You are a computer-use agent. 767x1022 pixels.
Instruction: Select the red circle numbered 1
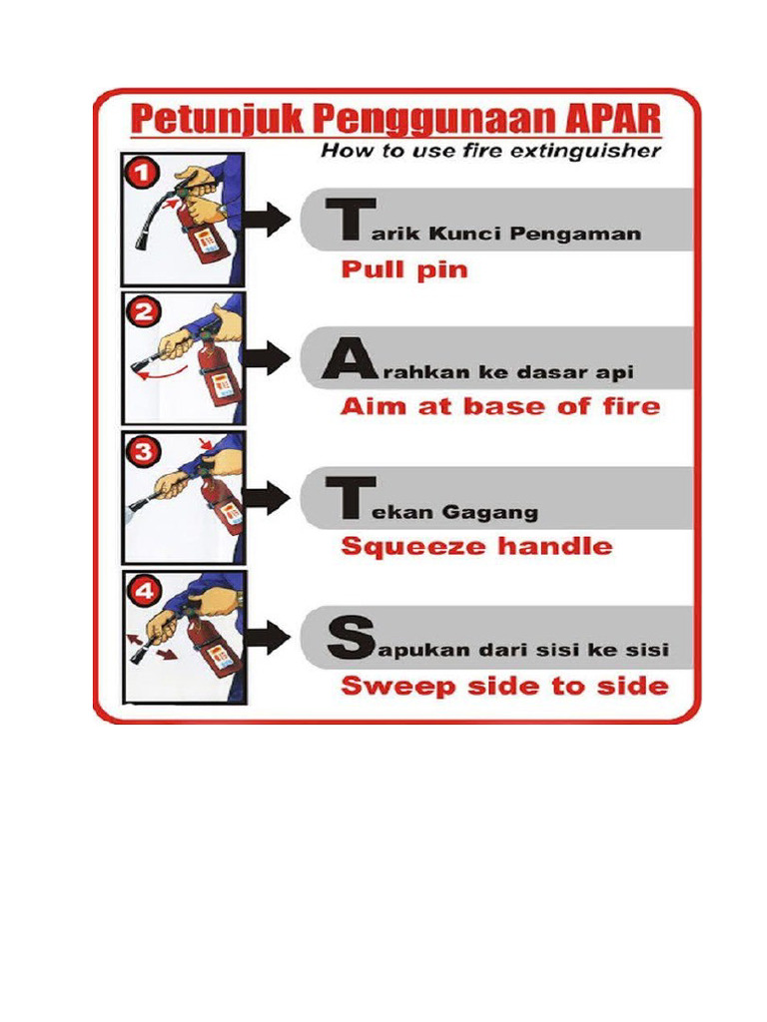click(141, 174)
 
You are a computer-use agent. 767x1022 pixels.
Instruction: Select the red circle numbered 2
click(142, 312)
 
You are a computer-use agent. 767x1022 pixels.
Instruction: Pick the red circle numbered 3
click(142, 451)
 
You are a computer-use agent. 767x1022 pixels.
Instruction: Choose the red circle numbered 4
click(142, 590)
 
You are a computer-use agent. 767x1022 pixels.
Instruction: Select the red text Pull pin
click(403, 270)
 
